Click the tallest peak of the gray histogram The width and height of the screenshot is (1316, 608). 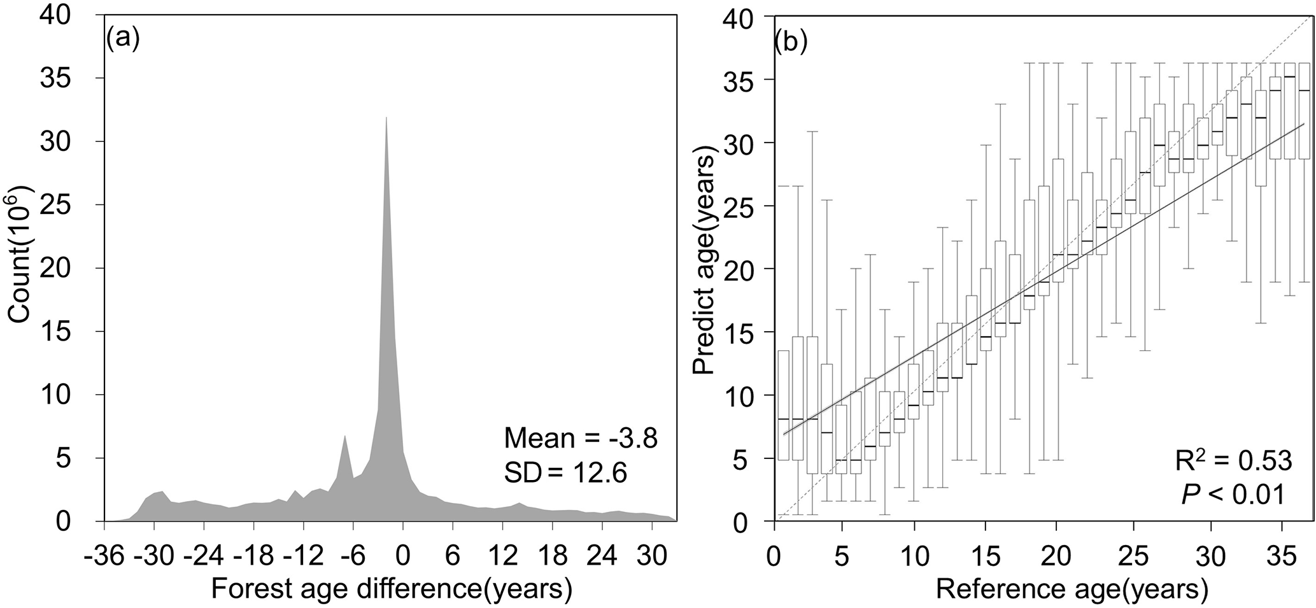coord(386,118)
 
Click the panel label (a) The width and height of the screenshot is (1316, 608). coord(123,39)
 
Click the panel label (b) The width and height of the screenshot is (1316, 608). coord(791,41)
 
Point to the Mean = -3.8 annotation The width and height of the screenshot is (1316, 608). coord(580,439)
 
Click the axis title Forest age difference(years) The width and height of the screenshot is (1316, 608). coord(392,590)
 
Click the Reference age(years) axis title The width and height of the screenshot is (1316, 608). coord(1072,590)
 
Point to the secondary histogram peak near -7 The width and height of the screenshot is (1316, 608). coord(344,437)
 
